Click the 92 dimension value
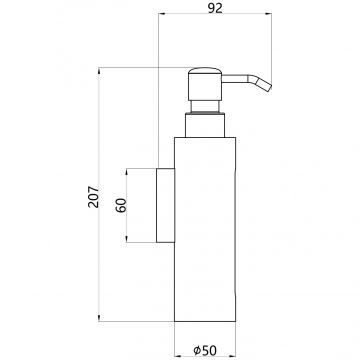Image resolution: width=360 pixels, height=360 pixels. [x=215, y=8]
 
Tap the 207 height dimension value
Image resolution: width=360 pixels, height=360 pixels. [x=94, y=197]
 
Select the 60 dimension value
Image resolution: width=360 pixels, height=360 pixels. [x=121, y=205]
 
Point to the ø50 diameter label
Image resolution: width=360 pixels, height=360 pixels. [x=205, y=350]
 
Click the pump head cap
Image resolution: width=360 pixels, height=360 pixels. [x=205, y=84]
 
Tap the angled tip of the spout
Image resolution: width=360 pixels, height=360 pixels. [x=264, y=85]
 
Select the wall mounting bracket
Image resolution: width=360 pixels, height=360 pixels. [x=165, y=205]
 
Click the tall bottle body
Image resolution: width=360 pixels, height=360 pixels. [x=205, y=229]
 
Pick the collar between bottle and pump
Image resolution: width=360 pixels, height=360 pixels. [x=205, y=125]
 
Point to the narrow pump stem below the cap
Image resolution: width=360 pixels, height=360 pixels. [x=205, y=107]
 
